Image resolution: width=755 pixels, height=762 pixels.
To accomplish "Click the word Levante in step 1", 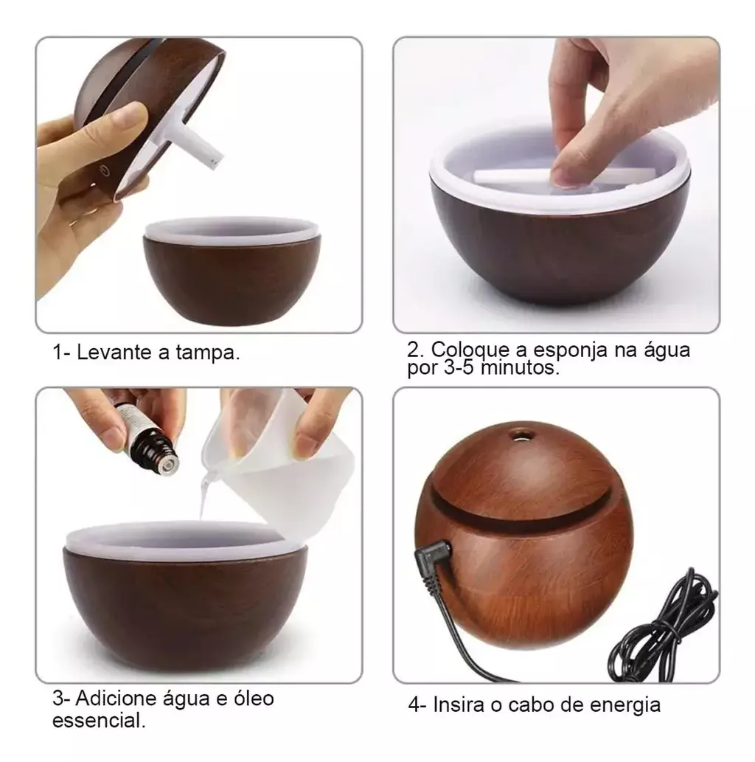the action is [114, 353].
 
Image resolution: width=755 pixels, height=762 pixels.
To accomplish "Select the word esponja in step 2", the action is [571, 350].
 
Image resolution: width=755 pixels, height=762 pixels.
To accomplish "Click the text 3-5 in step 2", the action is [459, 367].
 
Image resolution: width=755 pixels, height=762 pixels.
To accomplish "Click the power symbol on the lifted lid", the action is [103, 170].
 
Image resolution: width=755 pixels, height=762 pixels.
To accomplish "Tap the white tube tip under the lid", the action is [215, 162].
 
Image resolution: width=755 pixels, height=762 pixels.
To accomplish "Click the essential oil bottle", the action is [147, 437].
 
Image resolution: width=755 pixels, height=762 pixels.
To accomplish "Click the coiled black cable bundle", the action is [663, 627].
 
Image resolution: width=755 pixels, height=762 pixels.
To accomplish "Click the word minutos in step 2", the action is [520, 367].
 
